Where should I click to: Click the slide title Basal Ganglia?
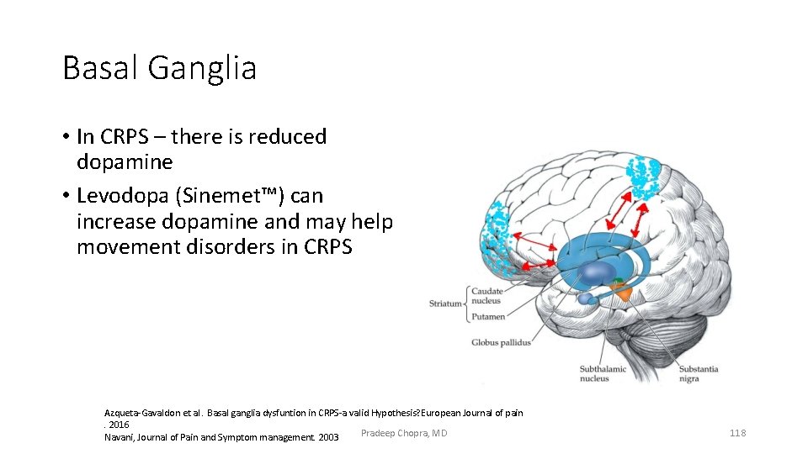[x=159, y=68]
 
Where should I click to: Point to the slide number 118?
[x=737, y=433]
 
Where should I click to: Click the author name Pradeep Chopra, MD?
[x=403, y=433]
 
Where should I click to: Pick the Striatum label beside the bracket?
[x=445, y=304]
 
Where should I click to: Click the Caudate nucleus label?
[x=486, y=295]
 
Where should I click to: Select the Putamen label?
[x=488, y=317]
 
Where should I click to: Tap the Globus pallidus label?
[x=501, y=342]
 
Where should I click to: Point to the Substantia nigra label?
[x=698, y=373]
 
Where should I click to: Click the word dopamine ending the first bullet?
[x=124, y=161]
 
